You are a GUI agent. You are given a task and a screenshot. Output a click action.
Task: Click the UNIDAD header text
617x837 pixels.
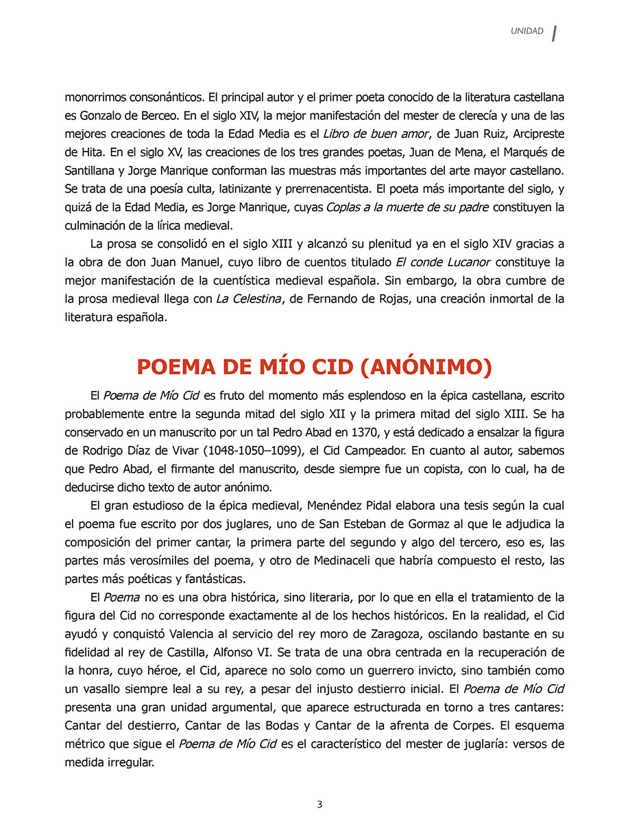click(527, 31)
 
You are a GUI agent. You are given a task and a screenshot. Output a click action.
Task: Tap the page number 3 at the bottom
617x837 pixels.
click(319, 805)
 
